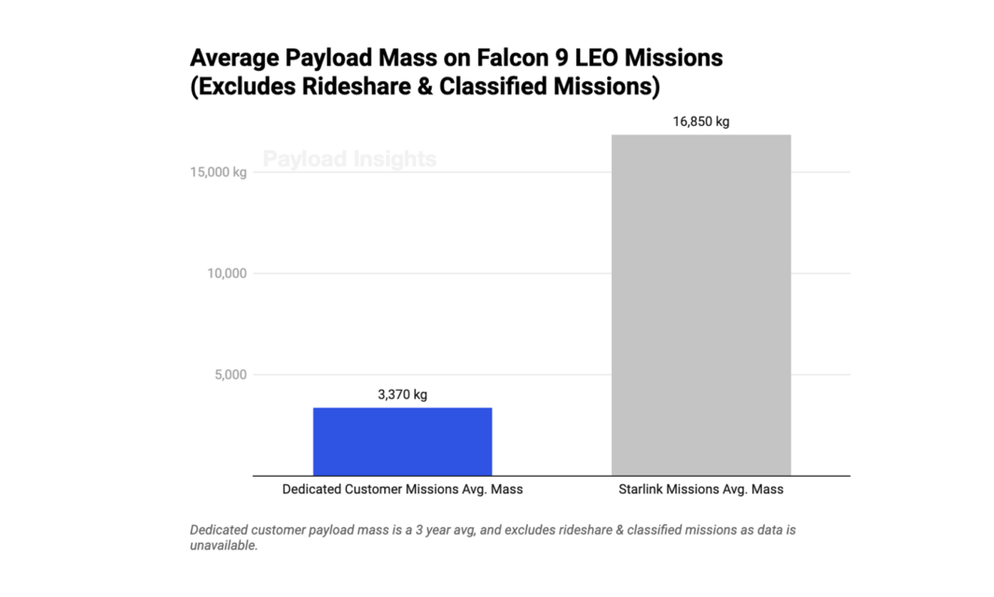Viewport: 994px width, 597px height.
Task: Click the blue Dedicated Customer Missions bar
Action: point(402,441)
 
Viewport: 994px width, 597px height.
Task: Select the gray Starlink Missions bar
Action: point(700,305)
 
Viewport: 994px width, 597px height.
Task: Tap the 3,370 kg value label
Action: point(402,395)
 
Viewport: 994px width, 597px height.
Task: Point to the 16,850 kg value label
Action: point(700,121)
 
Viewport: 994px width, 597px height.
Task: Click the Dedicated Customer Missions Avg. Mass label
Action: point(402,489)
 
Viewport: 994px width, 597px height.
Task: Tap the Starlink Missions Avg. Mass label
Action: point(700,489)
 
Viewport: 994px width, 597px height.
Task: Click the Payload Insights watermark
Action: point(349,160)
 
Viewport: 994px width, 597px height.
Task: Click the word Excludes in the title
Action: point(237,88)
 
